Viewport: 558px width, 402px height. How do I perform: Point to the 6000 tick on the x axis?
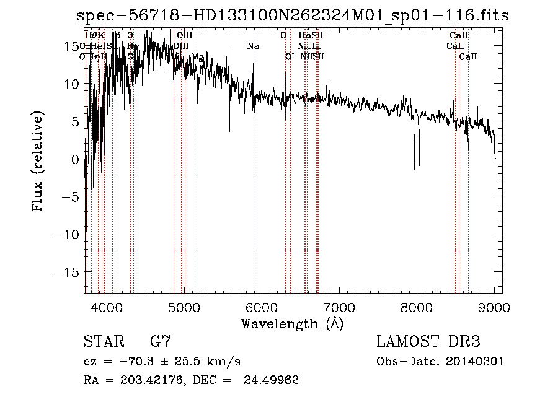(x=262, y=307)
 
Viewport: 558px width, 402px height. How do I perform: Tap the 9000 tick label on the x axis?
(x=494, y=307)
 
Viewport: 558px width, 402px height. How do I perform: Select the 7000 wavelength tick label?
(x=339, y=307)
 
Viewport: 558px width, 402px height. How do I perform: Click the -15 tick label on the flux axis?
(x=68, y=272)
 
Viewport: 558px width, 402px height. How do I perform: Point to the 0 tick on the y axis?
(x=75, y=159)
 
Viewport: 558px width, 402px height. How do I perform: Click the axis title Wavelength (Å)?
(x=292, y=323)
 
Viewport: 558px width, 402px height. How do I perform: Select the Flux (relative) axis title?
(x=38, y=162)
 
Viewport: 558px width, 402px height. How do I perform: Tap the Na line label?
(x=253, y=46)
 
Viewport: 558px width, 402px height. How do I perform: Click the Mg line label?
(x=197, y=57)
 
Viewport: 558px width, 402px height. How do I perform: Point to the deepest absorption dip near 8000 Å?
(x=414, y=168)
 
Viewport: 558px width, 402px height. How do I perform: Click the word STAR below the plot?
(x=103, y=342)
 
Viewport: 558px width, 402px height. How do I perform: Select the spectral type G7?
(x=160, y=342)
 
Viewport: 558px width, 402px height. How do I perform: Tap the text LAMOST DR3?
(x=428, y=342)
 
